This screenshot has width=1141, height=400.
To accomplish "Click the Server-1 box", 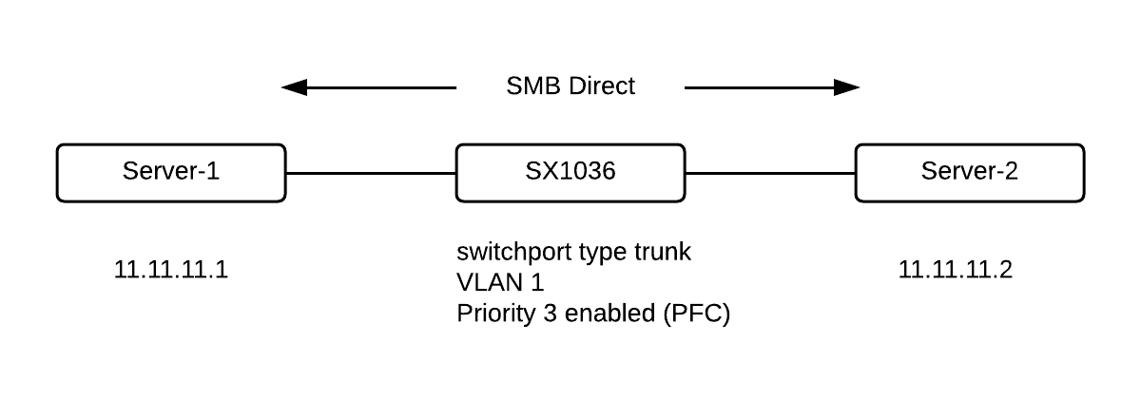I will tap(171, 172).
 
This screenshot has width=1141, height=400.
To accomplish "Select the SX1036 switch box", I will tap(570, 172).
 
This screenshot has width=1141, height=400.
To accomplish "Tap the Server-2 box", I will tap(970, 172).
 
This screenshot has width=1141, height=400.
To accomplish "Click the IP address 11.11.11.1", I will tap(171, 270).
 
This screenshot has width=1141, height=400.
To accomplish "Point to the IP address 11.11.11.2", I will tap(956, 270).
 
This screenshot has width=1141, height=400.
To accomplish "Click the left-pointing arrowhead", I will tap(295, 88).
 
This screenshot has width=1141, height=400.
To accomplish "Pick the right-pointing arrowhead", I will tap(847, 88).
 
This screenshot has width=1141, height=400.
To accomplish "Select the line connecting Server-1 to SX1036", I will tap(371, 173).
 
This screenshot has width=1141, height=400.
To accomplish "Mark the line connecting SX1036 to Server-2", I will tap(770, 173).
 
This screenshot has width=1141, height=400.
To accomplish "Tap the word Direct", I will tap(602, 86).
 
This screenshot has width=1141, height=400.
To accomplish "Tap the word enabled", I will tap(605, 313).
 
